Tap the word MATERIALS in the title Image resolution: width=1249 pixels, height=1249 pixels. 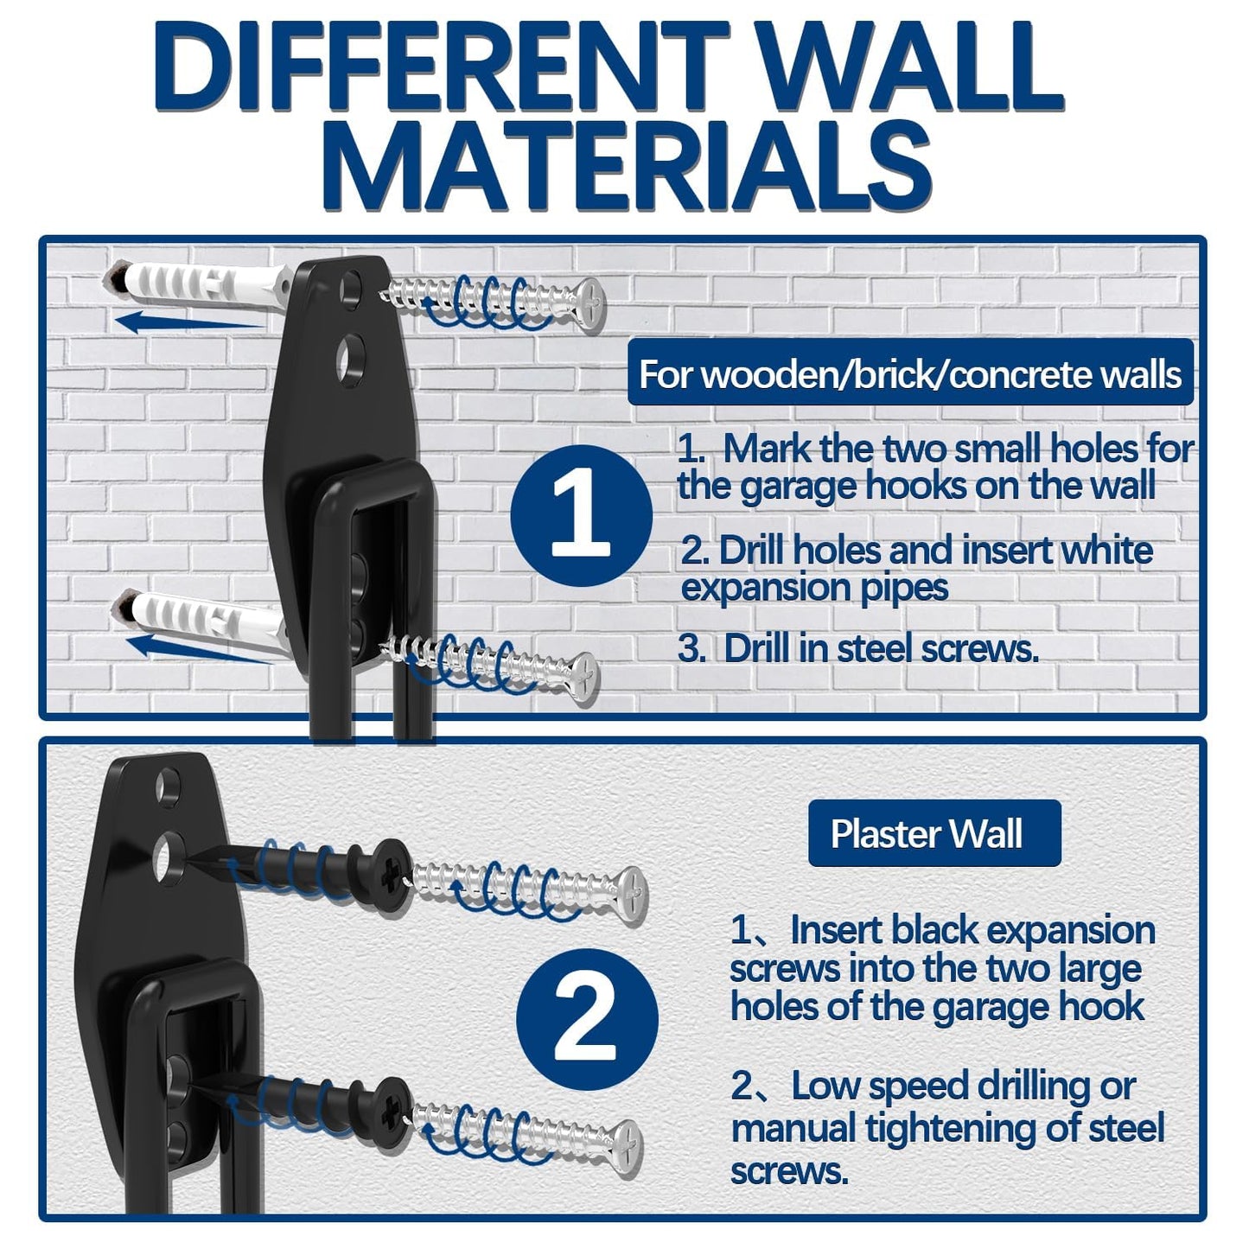tap(629, 166)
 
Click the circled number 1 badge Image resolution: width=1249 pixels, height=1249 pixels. tap(581, 516)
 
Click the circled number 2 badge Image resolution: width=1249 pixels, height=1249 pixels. tap(587, 1017)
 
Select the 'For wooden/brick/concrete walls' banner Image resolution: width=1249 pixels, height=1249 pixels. tap(909, 374)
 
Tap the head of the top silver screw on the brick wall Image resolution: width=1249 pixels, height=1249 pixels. tap(590, 303)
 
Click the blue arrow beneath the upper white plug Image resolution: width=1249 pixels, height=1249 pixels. tap(186, 324)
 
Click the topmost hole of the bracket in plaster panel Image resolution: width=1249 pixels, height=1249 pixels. tap(167, 784)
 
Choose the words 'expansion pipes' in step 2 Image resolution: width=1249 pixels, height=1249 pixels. tap(814, 588)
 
